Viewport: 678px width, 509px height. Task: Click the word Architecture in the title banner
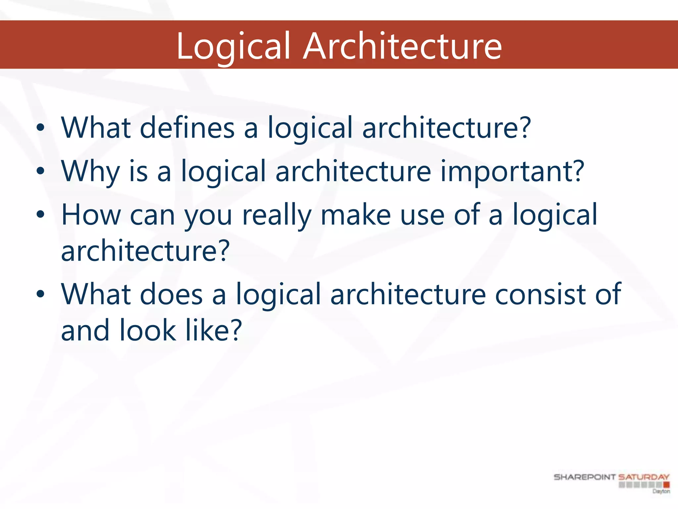[402, 46]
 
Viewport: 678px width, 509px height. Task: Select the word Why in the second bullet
[90, 172]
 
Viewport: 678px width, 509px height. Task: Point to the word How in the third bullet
[91, 215]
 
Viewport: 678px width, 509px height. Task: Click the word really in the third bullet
[277, 215]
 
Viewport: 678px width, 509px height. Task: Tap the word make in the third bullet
[356, 215]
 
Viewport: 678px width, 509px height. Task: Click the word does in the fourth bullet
[171, 294]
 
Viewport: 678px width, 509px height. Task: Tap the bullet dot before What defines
[40, 128]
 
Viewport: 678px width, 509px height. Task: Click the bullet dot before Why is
[40, 171]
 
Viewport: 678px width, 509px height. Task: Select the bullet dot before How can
[40, 215]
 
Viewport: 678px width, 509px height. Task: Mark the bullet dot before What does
[40, 294]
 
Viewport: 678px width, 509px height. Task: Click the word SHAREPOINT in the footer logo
[585, 477]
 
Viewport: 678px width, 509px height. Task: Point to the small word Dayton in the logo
[661, 491]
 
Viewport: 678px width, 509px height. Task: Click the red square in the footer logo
[666, 485]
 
